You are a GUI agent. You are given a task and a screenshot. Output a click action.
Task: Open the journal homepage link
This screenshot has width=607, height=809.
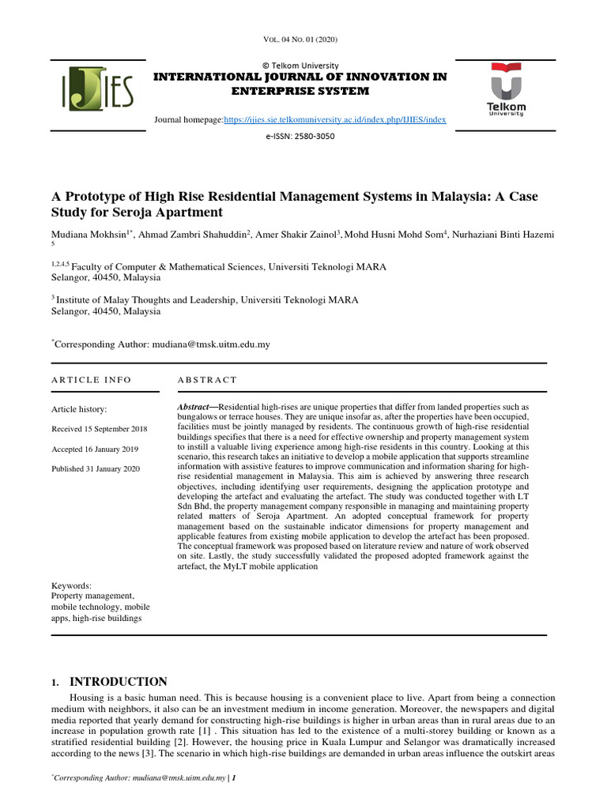335,120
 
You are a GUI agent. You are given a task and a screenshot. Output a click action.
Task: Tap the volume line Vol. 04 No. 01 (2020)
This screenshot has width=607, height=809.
303,40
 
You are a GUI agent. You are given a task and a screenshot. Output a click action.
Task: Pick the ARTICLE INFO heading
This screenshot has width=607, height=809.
92,380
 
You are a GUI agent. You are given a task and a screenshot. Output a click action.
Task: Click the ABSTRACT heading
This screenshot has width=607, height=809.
207,380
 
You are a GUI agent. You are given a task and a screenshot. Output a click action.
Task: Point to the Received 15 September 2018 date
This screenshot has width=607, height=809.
100,429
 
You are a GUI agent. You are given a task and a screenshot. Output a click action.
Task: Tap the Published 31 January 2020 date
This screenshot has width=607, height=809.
95,468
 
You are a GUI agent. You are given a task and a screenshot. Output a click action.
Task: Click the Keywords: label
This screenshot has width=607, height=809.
71,585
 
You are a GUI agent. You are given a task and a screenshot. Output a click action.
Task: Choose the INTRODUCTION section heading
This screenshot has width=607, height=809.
119,682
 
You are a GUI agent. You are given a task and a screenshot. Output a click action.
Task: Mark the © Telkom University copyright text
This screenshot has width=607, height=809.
300,66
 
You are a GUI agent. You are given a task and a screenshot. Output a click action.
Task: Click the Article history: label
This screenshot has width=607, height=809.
79,409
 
